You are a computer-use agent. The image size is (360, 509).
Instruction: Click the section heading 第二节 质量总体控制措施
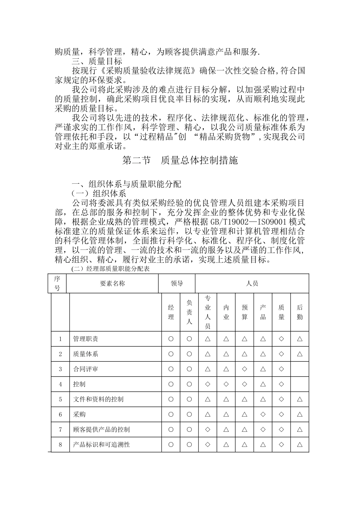180,161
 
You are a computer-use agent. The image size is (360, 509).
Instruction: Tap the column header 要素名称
112,284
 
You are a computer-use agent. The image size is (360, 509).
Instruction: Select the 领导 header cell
177,284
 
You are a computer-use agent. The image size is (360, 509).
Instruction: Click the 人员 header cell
252,284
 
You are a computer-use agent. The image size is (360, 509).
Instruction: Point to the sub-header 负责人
189,312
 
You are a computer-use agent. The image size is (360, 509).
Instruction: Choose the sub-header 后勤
300,312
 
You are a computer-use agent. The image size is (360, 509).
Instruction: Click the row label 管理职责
86,339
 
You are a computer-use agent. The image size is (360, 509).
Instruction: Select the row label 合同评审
86,369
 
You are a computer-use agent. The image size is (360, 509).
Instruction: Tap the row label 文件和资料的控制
98,399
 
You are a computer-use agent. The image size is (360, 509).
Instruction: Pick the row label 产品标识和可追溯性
101,445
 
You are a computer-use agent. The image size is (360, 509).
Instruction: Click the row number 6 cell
60,414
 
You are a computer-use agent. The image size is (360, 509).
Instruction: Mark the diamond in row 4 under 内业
226,384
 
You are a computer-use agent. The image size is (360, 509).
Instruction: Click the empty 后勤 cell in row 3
300,369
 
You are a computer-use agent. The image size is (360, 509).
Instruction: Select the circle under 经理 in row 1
171,339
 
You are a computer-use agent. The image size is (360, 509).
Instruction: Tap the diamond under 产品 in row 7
263,429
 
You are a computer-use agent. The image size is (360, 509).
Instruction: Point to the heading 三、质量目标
97,61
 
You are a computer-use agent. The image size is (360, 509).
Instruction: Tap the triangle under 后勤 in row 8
300,445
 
